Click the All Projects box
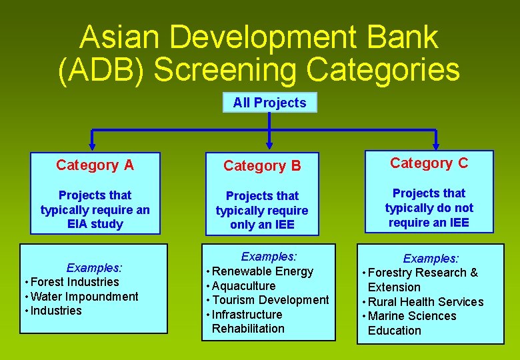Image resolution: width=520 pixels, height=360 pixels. click(269, 103)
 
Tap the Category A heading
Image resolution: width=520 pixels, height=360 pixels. click(95, 165)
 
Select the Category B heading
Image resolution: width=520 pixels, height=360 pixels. click(262, 165)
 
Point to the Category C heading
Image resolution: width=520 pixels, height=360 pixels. click(429, 163)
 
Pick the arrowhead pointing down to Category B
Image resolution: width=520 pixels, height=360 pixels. click(269, 142)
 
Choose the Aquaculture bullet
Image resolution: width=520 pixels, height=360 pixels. click(243, 286)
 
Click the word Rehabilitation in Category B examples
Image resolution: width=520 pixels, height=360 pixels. click(248, 329)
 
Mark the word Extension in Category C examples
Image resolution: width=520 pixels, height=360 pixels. click(394, 287)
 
